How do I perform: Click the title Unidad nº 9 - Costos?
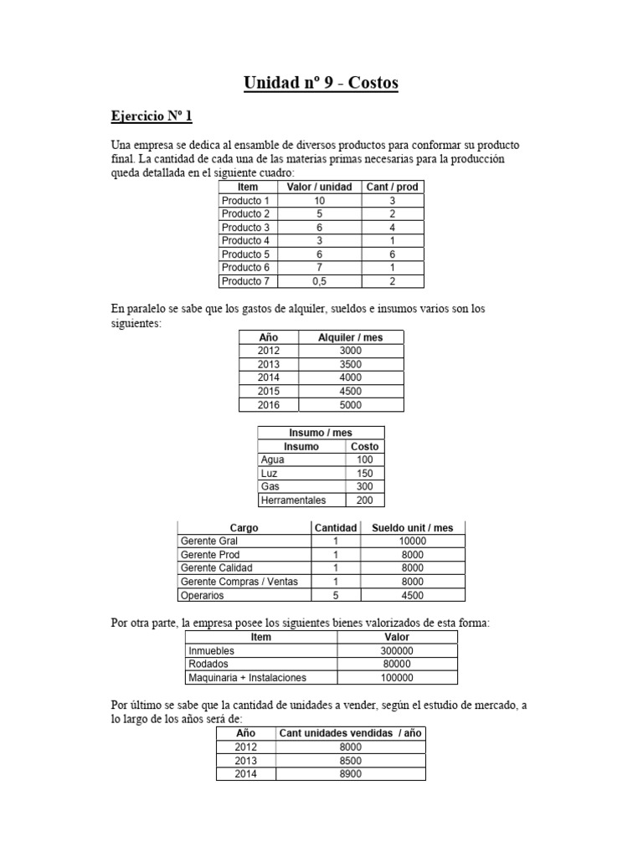point(321,82)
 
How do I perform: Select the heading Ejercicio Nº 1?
point(152,115)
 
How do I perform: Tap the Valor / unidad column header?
point(319,187)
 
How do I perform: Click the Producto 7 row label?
point(245,280)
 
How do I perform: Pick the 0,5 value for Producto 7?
point(319,280)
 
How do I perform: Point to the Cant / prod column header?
point(392,187)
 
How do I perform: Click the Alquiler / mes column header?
point(351,337)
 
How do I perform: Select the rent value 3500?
point(351,364)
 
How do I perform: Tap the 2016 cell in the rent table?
point(269,404)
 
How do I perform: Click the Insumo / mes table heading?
point(321,433)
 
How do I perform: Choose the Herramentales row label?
point(293,500)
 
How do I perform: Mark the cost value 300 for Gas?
point(365,486)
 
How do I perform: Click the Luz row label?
point(269,473)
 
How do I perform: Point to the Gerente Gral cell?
point(209,541)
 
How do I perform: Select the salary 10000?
point(413,541)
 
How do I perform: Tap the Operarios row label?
point(202,595)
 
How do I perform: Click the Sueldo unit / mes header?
point(413,528)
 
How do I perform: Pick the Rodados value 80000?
point(397,664)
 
